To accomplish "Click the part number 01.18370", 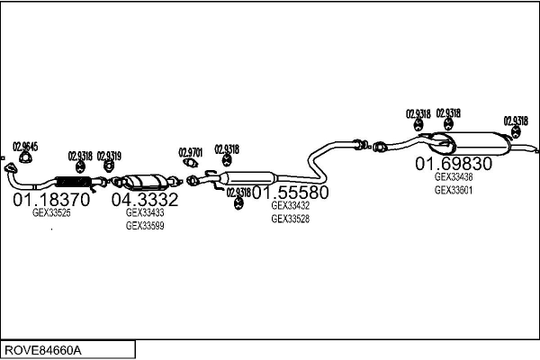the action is tap(51, 200).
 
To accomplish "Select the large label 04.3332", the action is tap(145, 200).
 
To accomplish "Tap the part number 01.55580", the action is tap(291, 193).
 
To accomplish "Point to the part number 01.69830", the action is tap(454, 164).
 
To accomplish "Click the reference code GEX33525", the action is tap(51, 213).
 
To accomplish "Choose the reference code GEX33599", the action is tap(145, 226).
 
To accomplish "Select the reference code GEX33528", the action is tap(291, 219).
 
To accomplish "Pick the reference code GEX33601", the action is tap(454, 190).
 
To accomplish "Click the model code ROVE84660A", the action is tap(43, 350).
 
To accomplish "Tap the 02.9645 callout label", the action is tap(25, 147).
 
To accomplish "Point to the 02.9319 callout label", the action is tap(109, 156).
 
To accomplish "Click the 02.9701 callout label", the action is tap(191, 153).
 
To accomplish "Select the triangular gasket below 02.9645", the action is tap(25, 158).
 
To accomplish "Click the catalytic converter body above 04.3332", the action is tap(144, 182).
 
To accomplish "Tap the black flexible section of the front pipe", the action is tap(73, 182).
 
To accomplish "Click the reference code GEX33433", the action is tap(145, 212).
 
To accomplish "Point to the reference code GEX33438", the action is tap(454, 176).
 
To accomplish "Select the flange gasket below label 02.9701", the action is tap(191, 162).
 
